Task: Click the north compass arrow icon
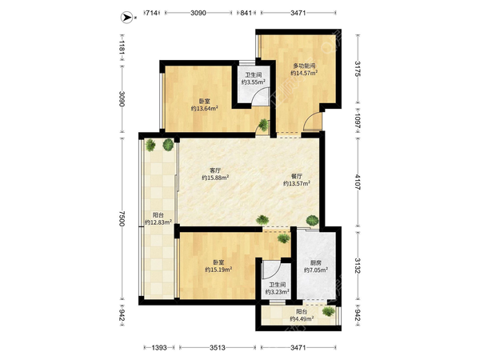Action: pyautogui.click(x=126, y=17)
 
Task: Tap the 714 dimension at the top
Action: pyautogui.click(x=151, y=13)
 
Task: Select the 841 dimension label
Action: pyautogui.click(x=246, y=13)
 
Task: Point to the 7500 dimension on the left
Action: pyautogui.click(x=122, y=218)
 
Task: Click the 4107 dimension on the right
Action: pyautogui.click(x=358, y=182)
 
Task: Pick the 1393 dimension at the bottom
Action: pyautogui.click(x=159, y=347)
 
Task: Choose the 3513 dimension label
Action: pyautogui.click(x=218, y=347)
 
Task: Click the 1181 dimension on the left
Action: pyautogui.click(x=122, y=48)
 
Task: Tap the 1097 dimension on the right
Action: pyautogui.click(x=358, y=119)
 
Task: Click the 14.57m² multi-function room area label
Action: pyautogui.click(x=304, y=73)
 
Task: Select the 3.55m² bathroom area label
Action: pyautogui.click(x=253, y=82)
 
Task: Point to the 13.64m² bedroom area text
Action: pyautogui.click(x=205, y=108)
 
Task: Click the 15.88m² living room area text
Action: pyautogui.click(x=215, y=178)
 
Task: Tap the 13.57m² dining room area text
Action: pyautogui.click(x=297, y=183)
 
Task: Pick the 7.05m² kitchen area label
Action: pyautogui.click(x=316, y=270)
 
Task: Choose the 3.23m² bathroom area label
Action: pyautogui.click(x=278, y=292)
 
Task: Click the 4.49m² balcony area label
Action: pyautogui.click(x=302, y=319)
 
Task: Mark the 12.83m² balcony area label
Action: pyautogui.click(x=158, y=222)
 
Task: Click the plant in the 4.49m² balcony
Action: pyautogui.click(x=329, y=311)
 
